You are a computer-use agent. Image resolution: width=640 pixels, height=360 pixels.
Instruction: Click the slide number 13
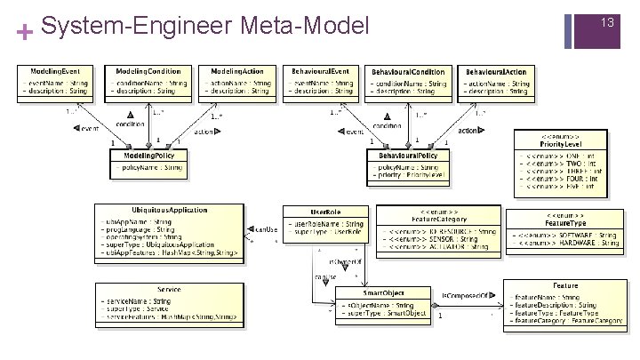(608, 20)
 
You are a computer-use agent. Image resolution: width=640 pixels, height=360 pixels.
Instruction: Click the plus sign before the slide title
(24, 34)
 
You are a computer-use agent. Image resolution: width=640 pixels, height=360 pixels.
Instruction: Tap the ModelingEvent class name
(55, 70)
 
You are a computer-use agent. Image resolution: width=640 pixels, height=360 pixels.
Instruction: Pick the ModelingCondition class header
(148, 70)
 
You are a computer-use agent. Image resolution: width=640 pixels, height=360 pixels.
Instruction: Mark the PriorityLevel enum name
(560, 143)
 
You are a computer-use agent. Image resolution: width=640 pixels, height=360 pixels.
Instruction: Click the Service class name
(169, 289)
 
